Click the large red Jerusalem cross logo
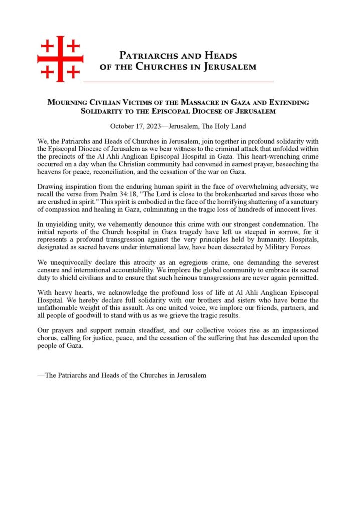click(x=60, y=59)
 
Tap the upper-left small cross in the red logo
click(x=47, y=46)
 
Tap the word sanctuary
click(x=306, y=201)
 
